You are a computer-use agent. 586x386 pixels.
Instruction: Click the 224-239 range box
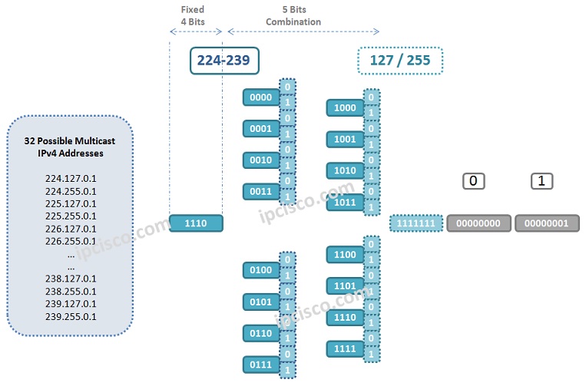coord(224,60)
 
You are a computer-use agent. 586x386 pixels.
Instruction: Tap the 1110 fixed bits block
coord(196,223)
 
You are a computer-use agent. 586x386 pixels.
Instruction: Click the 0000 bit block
coord(260,97)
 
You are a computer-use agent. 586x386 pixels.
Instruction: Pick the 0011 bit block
coord(260,192)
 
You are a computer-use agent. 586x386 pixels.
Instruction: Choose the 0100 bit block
coord(260,270)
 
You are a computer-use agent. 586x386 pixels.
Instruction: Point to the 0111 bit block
coord(260,364)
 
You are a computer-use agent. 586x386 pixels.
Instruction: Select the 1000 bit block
coord(344,108)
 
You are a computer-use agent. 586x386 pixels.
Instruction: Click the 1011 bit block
coord(344,203)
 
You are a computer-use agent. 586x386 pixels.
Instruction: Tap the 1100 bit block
coord(344,254)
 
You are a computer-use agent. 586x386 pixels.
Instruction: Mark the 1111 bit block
coord(344,348)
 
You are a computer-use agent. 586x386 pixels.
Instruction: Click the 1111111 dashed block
coord(415,223)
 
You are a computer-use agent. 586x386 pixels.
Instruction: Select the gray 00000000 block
coord(478,223)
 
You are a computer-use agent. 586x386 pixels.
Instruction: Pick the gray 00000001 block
coord(547,223)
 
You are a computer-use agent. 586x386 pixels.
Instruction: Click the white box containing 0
coord(474,181)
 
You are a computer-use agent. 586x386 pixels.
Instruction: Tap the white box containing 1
coord(542,181)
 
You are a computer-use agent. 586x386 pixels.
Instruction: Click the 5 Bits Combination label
coord(293,16)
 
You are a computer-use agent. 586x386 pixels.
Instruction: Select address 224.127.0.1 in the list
coord(71,179)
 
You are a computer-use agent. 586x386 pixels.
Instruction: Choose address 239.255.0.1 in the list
coord(71,315)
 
